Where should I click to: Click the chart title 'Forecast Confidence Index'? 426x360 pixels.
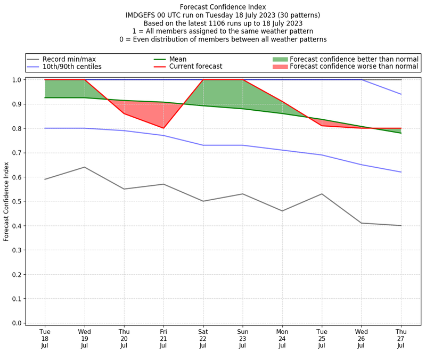(x=223, y=7)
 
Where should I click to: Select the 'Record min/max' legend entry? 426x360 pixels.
(x=69, y=59)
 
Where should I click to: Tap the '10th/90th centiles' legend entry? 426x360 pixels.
(x=72, y=67)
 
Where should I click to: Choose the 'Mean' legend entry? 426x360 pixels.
(x=178, y=59)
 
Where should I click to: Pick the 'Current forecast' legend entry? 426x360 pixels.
(x=195, y=67)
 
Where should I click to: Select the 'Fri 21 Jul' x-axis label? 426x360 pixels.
(x=163, y=338)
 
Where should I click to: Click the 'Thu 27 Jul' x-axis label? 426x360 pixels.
(x=401, y=338)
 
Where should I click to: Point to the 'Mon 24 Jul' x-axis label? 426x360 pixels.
(x=282, y=338)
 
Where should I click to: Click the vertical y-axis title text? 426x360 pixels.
(x=6, y=201)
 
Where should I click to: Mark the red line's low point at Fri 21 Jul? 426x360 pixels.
(x=163, y=128)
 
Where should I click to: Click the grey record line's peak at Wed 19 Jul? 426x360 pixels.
(x=84, y=167)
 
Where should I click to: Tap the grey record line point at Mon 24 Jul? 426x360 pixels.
(x=282, y=211)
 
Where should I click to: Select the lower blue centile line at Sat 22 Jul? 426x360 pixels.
(x=203, y=145)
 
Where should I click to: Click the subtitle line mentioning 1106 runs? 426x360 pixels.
(x=223, y=23)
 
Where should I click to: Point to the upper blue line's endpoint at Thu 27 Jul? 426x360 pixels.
(x=401, y=94)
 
